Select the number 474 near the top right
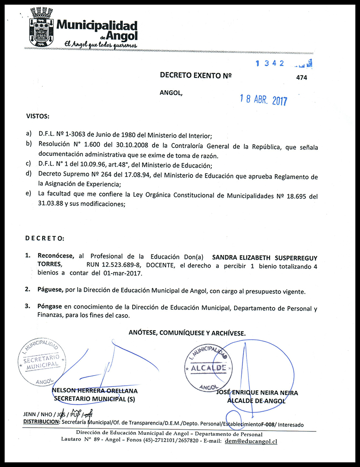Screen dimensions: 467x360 pos(302,77)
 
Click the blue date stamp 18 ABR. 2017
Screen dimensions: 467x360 pos(263,100)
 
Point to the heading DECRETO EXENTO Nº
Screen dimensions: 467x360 pos(195,75)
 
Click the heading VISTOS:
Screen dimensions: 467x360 pos(38,116)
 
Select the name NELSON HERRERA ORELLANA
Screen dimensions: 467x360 pos(94,391)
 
